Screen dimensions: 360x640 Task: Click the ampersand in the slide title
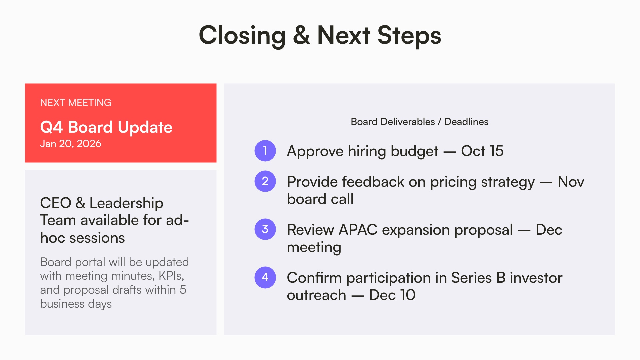301,35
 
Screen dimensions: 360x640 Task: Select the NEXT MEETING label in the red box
76,103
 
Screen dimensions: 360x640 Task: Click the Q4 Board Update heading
106,127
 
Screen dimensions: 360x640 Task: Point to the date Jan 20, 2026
70,144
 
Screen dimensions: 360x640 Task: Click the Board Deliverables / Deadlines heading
419,122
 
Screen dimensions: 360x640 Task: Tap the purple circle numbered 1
265,151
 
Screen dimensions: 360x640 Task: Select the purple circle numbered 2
265,181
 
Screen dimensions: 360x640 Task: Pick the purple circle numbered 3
265,229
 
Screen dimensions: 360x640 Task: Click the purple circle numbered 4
265,277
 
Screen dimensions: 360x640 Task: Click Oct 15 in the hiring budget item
482,151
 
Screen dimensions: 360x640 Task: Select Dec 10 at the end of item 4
392,295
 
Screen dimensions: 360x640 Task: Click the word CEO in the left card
56,203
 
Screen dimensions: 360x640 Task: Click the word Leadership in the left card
126,203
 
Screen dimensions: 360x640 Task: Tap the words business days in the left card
76,304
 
